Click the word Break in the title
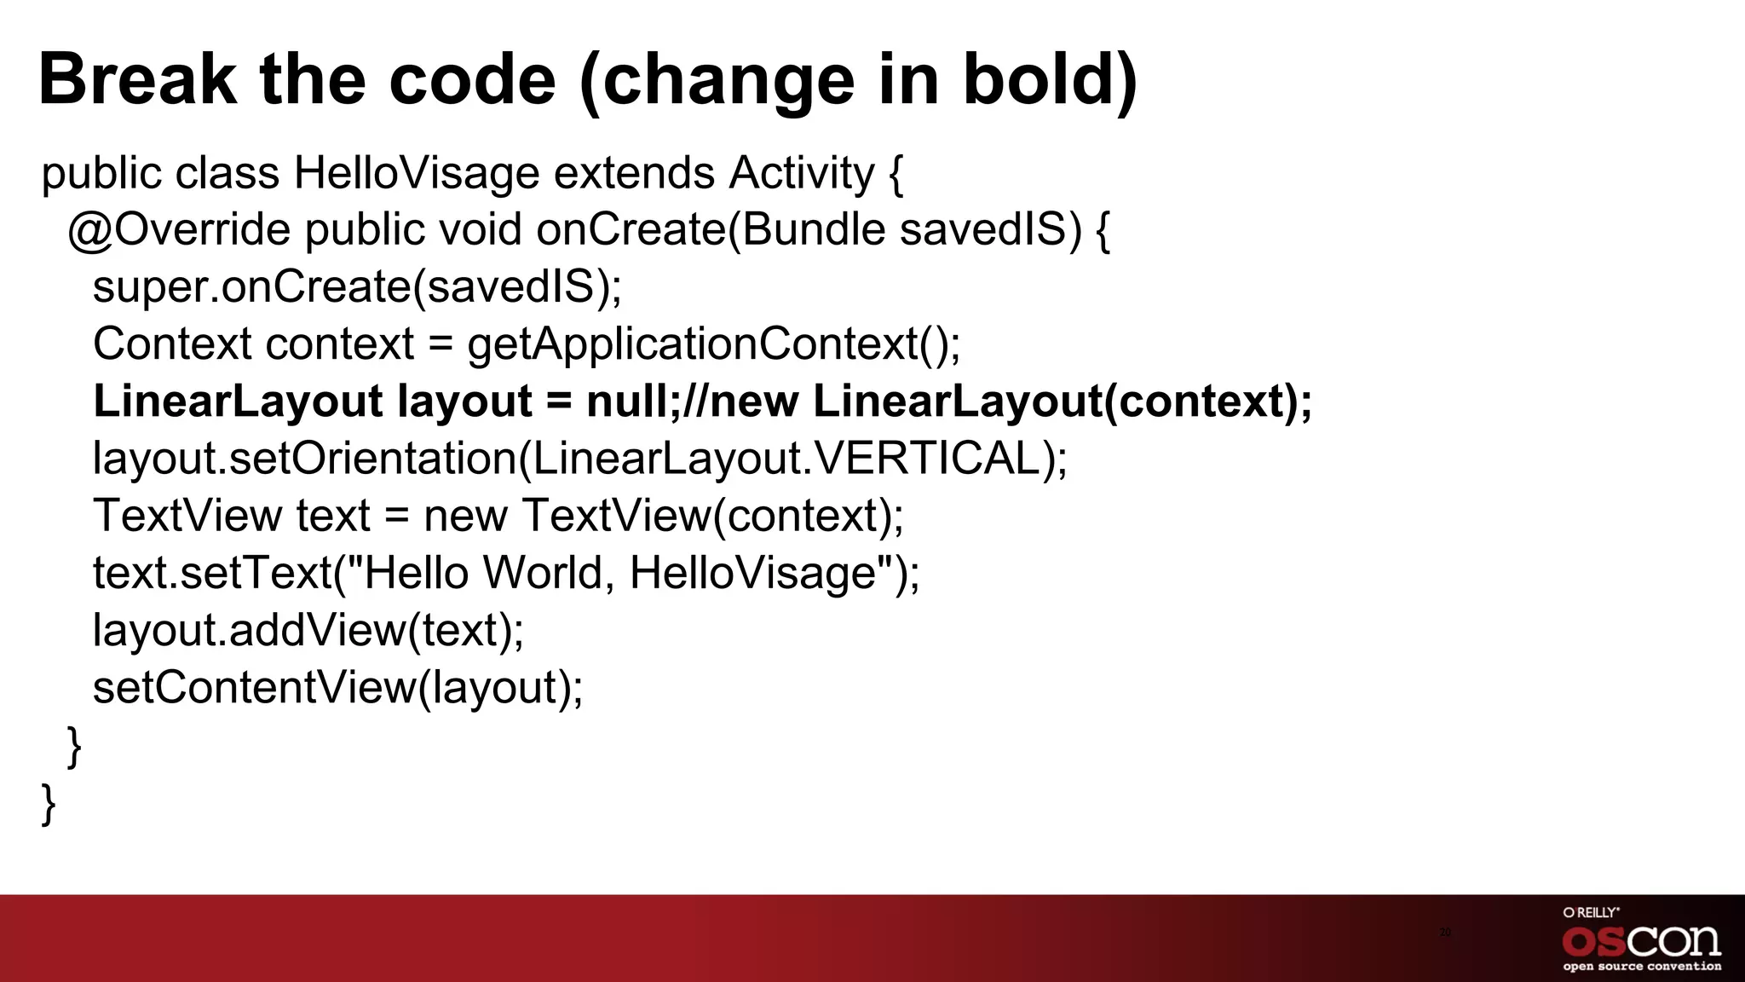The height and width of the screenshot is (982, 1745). (x=137, y=79)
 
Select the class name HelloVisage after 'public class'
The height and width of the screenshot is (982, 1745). (x=417, y=173)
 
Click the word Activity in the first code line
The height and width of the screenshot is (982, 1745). (x=801, y=173)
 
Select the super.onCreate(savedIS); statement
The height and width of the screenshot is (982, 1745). (x=357, y=287)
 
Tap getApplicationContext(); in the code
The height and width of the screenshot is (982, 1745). (x=713, y=344)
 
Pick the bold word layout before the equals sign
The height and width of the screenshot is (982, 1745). (x=464, y=401)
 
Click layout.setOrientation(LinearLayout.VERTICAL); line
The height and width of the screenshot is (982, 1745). (x=579, y=459)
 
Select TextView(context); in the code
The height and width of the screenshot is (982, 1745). (x=712, y=516)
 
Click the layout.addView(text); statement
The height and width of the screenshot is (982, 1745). (x=308, y=630)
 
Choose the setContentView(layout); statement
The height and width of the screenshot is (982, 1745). (x=338, y=687)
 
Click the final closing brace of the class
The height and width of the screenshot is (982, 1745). (x=49, y=803)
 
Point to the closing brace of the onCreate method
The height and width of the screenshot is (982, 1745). (x=75, y=746)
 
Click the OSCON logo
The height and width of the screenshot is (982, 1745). (x=1641, y=941)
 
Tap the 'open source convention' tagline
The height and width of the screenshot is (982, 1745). (x=1641, y=967)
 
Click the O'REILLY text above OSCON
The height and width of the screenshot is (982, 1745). (x=1591, y=912)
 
